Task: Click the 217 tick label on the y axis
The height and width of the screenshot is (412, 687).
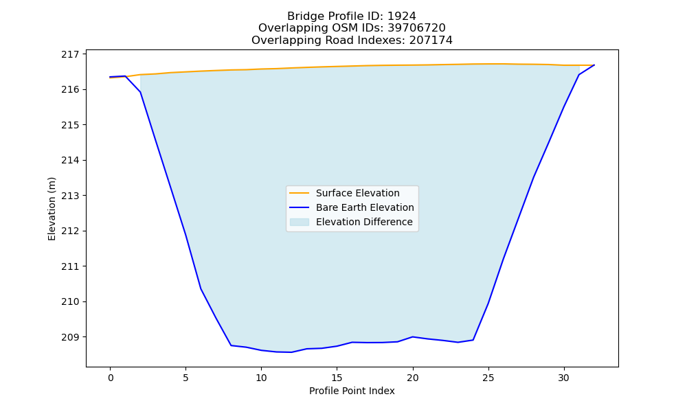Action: (70, 54)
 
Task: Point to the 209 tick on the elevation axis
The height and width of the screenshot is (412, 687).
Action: (70, 337)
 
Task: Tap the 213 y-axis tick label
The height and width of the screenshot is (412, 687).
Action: (70, 196)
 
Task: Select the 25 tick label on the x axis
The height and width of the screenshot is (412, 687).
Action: (488, 378)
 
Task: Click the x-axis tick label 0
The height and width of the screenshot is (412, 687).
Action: (111, 378)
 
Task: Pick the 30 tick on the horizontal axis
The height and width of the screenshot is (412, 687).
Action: (564, 378)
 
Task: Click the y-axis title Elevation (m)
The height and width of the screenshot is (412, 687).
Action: (52, 209)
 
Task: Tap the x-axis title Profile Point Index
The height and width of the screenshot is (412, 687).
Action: (352, 391)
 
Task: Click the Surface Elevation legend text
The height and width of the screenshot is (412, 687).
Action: (357, 193)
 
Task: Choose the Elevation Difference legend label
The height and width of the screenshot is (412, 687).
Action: (364, 222)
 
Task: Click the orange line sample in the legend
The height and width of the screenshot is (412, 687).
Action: (300, 193)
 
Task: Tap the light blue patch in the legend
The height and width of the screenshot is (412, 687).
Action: (300, 222)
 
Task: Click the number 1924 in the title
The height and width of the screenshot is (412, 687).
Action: (402, 16)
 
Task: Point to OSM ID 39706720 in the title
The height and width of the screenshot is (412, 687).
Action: (417, 28)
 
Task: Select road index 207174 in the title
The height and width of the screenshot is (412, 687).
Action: (431, 41)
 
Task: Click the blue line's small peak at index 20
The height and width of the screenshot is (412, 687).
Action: (413, 336)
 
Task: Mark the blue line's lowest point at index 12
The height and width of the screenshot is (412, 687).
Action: (291, 352)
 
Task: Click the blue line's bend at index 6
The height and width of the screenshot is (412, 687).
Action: (201, 288)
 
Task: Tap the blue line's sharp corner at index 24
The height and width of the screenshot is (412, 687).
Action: (473, 340)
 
